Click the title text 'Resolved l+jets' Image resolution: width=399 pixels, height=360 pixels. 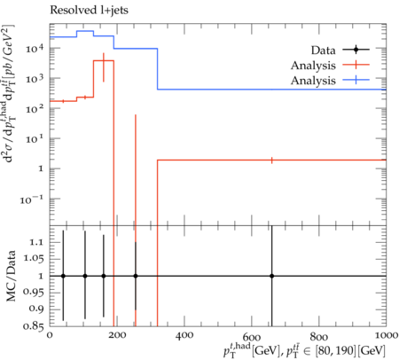point(89,11)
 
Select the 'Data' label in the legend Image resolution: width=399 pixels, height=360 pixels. point(323,51)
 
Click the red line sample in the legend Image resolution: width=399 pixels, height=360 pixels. point(356,65)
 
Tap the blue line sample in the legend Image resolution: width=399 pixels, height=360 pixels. point(356,80)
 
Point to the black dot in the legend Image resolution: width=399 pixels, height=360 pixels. point(356,50)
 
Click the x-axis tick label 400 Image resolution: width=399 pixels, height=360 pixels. point(184,335)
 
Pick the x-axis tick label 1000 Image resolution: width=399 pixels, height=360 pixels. point(386,335)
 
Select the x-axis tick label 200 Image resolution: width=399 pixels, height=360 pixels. point(117,335)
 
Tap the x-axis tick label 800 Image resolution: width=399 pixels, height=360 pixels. point(318,337)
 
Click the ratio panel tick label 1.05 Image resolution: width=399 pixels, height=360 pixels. point(33,259)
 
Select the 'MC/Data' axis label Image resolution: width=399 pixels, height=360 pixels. point(11,276)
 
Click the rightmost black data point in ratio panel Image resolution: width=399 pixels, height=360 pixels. point(271,276)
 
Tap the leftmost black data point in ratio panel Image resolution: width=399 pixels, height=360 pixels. point(63,276)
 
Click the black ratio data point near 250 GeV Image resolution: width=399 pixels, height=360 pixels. point(136,276)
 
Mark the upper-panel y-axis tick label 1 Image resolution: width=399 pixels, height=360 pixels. point(41,168)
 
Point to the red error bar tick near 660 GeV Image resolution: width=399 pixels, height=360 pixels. point(271,160)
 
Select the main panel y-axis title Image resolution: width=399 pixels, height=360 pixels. point(10,94)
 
